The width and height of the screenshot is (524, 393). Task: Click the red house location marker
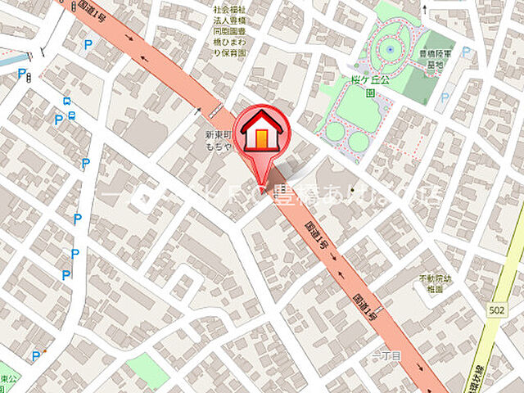[x=260, y=131]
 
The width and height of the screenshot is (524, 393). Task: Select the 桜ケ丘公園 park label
[x=359, y=87]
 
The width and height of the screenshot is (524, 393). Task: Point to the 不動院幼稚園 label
[x=435, y=283]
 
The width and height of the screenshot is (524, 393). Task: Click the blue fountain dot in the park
[x=389, y=49]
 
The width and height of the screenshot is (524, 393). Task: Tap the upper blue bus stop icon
[x=66, y=103]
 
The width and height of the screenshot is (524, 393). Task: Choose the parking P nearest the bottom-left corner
[x=35, y=355]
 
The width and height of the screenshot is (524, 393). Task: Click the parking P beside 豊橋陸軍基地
[x=466, y=52]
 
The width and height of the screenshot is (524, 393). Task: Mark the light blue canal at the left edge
[x=10, y=60]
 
